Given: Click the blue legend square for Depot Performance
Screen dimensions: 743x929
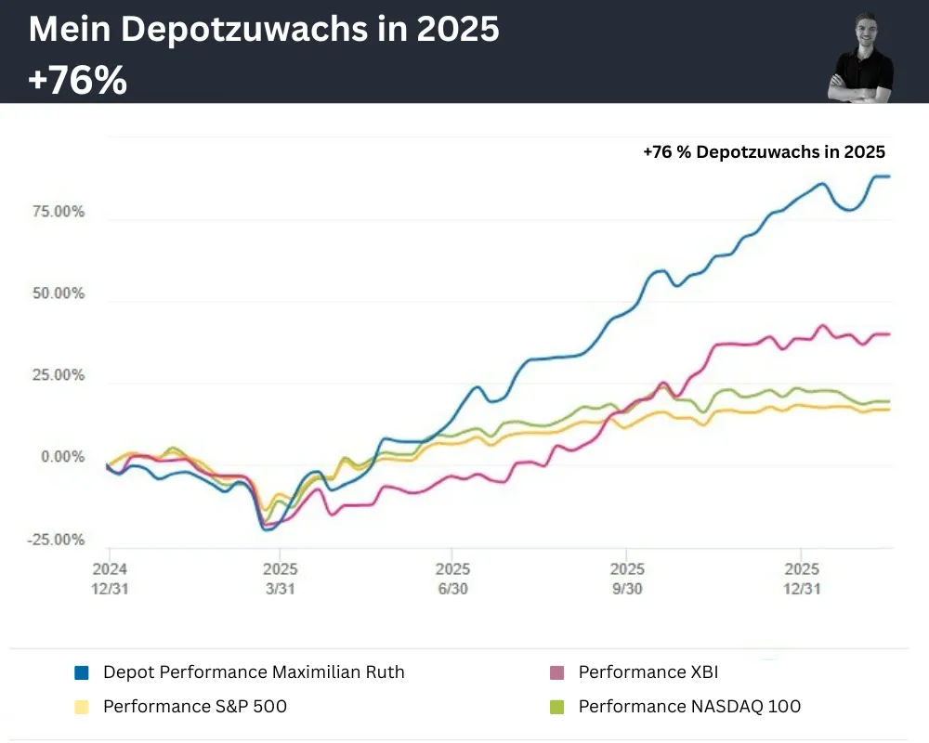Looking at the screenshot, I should (82, 672).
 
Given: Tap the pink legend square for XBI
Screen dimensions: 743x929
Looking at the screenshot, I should (556, 672).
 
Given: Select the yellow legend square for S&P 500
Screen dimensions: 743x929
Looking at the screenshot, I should (82, 707).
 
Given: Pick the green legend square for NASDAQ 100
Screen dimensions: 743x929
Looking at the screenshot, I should (556, 707).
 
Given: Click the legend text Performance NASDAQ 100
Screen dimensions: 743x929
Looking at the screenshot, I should (689, 707).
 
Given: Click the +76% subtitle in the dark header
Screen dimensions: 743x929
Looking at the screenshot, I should (77, 82).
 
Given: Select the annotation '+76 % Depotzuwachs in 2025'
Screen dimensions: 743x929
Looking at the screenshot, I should (764, 152).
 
